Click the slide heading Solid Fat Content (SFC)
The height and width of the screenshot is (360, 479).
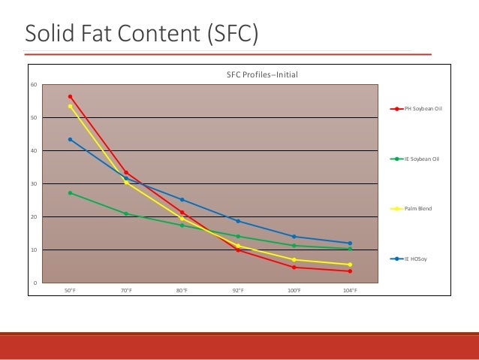click(140, 33)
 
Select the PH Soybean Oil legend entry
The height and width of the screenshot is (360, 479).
click(423, 109)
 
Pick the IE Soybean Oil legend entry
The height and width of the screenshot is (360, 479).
click(421, 159)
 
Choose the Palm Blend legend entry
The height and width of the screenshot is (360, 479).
click(418, 208)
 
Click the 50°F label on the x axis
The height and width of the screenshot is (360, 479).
click(70, 290)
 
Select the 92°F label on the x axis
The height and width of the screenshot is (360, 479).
click(238, 290)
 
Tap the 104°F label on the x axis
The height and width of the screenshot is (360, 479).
click(350, 290)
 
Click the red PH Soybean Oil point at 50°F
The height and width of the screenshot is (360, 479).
click(70, 96)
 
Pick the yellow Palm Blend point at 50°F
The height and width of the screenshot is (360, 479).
click(70, 106)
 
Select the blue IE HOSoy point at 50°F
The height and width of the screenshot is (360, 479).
click(70, 139)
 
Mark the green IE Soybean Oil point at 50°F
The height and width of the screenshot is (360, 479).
click(70, 193)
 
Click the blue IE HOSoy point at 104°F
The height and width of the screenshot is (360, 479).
click(350, 243)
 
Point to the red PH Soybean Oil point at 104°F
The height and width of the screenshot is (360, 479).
click(350, 271)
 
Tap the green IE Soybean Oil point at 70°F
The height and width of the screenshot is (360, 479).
click(126, 213)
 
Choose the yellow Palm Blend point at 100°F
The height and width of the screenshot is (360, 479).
click(294, 259)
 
